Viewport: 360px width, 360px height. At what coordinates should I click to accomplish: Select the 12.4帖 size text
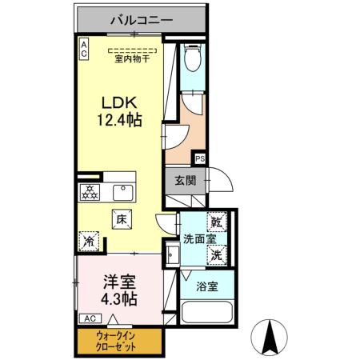tap(120, 122)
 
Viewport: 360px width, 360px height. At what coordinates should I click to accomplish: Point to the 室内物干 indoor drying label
tap(134, 57)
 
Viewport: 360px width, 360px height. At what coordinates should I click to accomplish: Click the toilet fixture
tap(193, 58)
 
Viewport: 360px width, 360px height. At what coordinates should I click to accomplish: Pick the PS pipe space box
tap(199, 158)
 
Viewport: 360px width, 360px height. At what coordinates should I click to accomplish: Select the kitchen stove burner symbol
tap(90, 193)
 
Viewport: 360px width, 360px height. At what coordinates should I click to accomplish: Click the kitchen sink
tap(122, 193)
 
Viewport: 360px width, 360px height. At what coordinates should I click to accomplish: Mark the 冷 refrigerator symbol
tap(89, 238)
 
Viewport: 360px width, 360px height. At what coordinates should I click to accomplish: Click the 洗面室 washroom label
tap(198, 238)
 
